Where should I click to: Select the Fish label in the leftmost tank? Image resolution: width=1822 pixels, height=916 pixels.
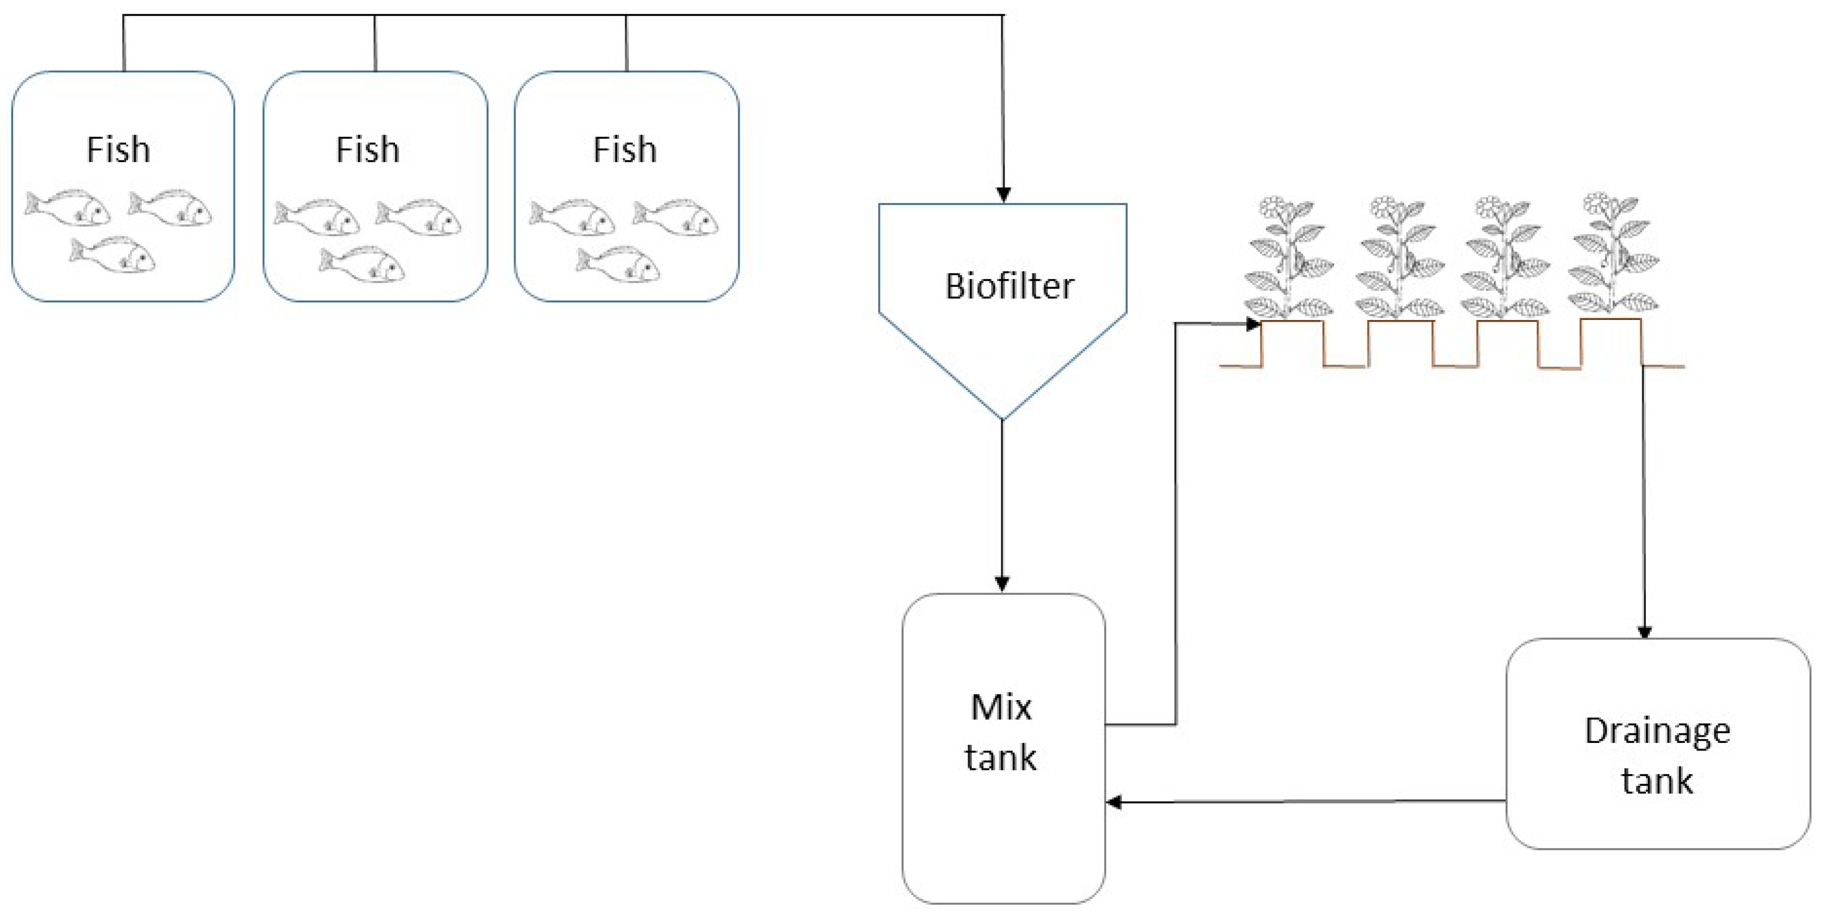pyautogui.click(x=118, y=149)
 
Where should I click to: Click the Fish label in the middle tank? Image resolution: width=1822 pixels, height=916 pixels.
pyautogui.click(x=368, y=149)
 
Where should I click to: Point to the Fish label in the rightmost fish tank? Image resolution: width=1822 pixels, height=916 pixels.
pyautogui.click(x=625, y=149)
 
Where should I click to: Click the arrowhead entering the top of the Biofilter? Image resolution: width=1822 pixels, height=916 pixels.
pyautogui.click(x=1003, y=194)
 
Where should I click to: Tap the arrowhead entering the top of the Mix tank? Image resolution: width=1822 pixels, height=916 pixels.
pyautogui.click(x=1002, y=584)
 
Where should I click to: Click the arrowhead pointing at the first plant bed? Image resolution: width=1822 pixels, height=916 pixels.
pyautogui.click(x=1253, y=325)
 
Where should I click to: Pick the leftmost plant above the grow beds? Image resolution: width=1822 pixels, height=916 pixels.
pyautogui.click(x=1288, y=258)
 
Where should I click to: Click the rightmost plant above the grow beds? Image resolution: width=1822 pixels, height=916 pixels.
pyautogui.click(x=1613, y=255)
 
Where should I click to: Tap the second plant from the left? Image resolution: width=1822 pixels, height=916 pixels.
pyautogui.click(x=1399, y=258)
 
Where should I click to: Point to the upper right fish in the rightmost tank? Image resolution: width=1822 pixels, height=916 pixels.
pyautogui.click(x=676, y=217)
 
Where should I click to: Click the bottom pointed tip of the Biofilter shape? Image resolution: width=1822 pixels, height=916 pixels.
pyautogui.click(x=1002, y=417)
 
